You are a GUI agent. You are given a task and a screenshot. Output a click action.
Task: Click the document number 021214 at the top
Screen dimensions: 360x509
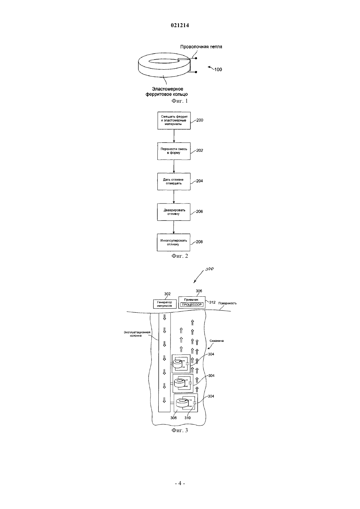point(180,25)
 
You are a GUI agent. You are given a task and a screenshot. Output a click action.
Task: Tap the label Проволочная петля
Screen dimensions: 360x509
point(201,47)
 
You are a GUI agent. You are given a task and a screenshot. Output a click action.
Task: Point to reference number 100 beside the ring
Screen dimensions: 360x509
point(218,70)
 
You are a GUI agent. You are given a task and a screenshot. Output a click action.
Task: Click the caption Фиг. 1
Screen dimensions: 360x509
point(180,101)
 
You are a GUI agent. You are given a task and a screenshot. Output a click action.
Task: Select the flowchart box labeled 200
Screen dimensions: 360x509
point(174,121)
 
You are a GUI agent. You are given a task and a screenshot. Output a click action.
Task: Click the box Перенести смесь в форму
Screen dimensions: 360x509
point(174,151)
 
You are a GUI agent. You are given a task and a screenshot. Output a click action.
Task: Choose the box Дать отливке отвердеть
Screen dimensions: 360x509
point(174,182)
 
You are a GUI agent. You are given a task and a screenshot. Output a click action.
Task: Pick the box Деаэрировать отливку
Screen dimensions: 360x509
point(174,212)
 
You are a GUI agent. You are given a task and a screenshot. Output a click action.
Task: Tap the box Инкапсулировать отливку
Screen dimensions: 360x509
point(174,242)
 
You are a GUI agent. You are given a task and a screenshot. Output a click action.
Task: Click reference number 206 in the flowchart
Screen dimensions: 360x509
point(199,212)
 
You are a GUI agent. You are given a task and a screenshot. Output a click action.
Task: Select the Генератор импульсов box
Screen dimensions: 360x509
point(165,304)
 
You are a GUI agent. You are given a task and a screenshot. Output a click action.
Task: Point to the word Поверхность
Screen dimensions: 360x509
point(227,303)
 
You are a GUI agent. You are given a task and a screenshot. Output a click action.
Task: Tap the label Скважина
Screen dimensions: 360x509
point(217,341)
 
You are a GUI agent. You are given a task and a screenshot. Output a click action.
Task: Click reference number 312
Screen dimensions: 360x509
point(212,302)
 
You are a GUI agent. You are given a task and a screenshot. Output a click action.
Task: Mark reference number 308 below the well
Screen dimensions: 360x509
point(173,418)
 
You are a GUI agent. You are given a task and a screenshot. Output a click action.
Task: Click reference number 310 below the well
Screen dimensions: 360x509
point(188,418)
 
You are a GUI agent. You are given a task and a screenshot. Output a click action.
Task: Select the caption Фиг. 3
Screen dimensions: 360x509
point(180,430)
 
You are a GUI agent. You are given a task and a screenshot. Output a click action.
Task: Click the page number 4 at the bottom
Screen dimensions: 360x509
point(180,483)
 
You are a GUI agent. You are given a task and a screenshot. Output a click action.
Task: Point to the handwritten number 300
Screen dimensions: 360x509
point(209,269)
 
